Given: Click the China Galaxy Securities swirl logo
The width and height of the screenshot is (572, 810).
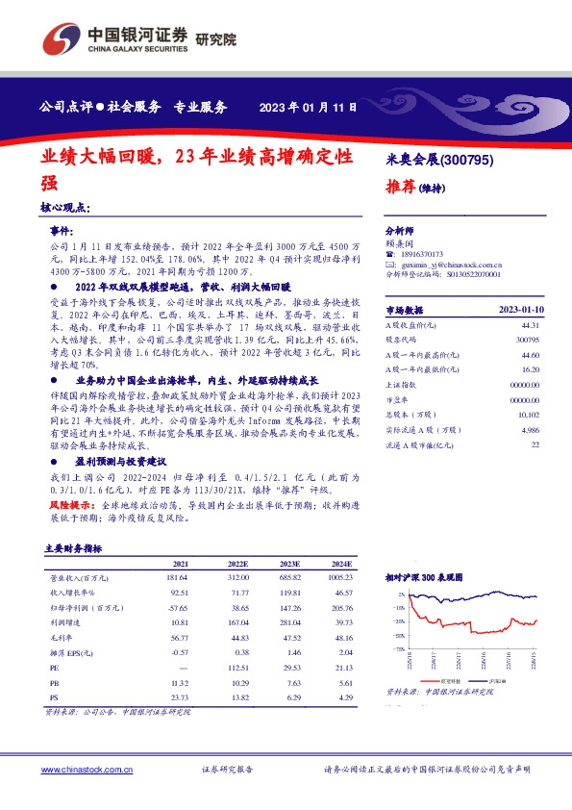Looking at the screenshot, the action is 60,38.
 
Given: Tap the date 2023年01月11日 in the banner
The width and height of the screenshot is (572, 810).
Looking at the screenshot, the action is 309,108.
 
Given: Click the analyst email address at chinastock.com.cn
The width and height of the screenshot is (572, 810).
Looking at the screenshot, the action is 441,264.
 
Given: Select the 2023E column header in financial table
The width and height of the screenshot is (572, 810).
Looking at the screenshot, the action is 289,563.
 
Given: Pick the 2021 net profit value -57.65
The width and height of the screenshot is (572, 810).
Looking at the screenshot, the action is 176,609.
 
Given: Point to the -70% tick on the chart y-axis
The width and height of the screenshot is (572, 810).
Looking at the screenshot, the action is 396,649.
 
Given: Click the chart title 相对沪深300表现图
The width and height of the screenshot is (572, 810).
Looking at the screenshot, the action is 424,577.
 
